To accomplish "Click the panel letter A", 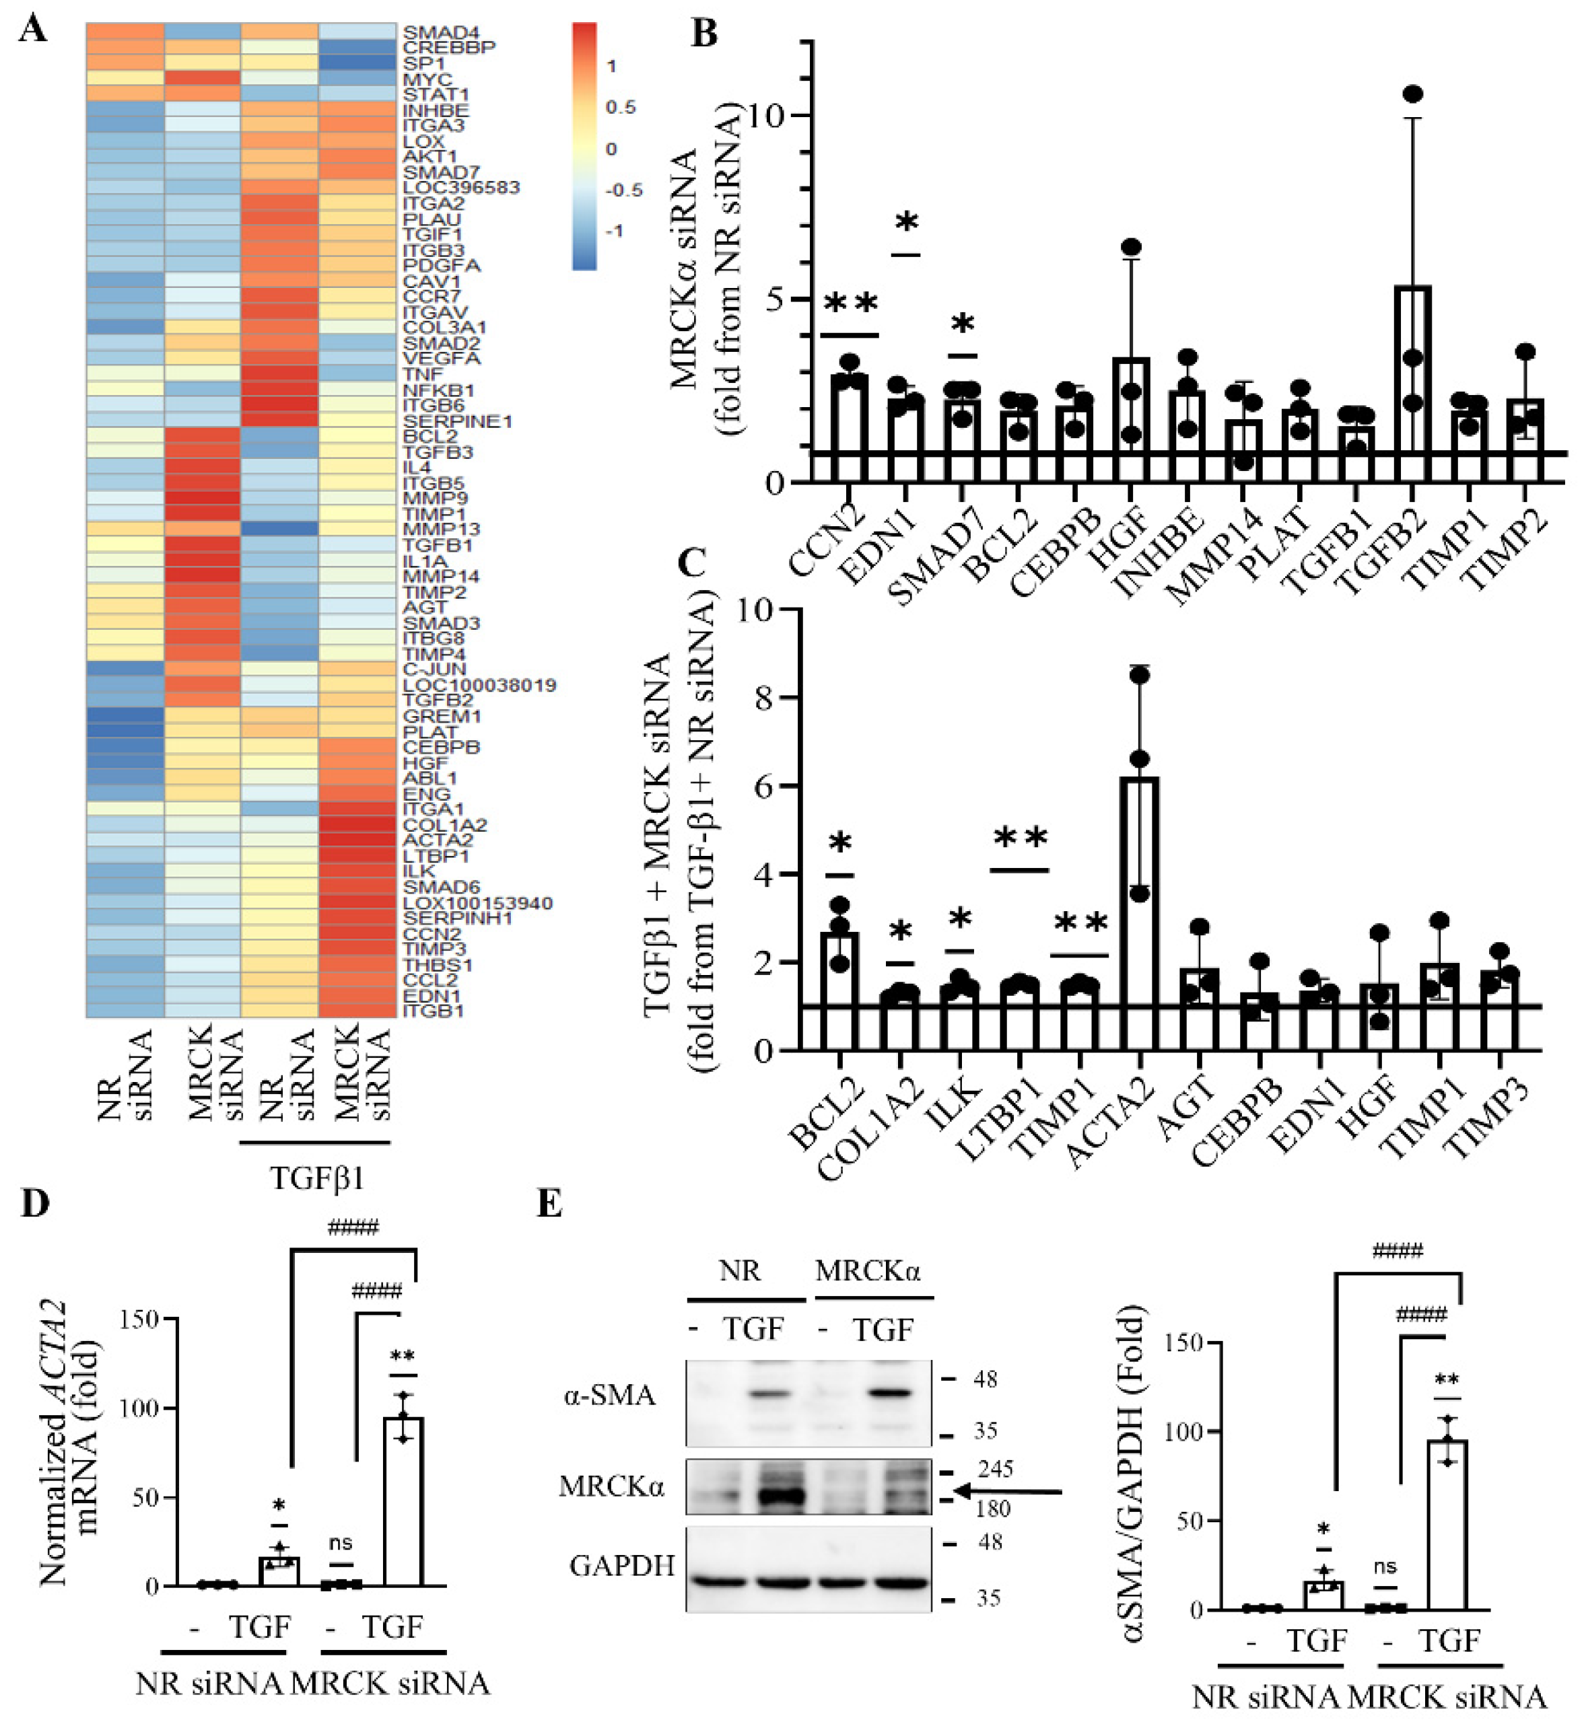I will [x=32, y=30].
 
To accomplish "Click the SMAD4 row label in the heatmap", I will [x=438, y=32].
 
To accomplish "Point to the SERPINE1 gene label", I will [x=456, y=421].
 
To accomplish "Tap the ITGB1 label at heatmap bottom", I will [x=434, y=1011].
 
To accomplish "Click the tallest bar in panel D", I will [x=403, y=1502].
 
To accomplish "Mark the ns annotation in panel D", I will [x=341, y=1543].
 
